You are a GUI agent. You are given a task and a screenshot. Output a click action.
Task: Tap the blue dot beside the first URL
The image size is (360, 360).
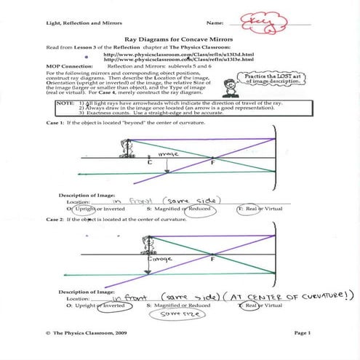(x=87, y=55)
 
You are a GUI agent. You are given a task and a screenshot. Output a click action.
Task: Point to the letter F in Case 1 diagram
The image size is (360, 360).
(x=213, y=164)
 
